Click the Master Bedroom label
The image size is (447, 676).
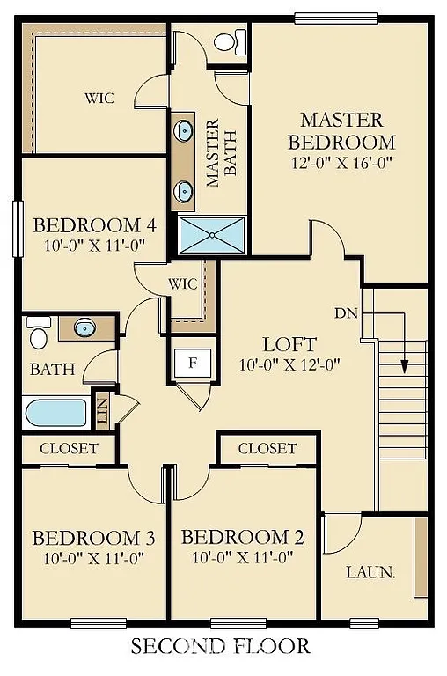[x=341, y=130]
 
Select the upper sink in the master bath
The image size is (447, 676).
[x=184, y=131]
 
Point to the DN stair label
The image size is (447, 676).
[x=346, y=312]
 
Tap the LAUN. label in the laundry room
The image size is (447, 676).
[x=370, y=571]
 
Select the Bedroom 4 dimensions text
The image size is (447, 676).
[x=93, y=246]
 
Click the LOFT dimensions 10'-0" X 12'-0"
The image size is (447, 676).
[x=289, y=364]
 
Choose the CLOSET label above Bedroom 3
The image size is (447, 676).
[x=69, y=448]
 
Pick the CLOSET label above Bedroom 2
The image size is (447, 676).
[x=267, y=448]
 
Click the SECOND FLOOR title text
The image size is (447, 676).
[x=221, y=647]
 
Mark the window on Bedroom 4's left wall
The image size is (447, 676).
[x=16, y=230]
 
